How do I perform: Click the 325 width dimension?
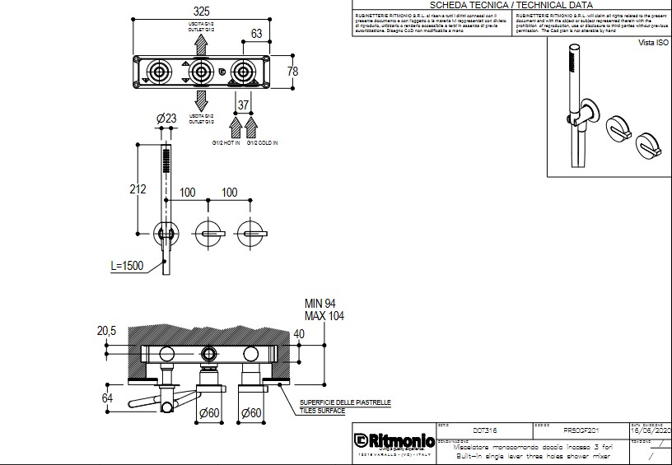(201, 12)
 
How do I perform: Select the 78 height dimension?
(292, 72)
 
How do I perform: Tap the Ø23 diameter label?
(166, 119)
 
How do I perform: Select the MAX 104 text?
(324, 316)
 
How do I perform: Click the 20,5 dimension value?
(105, 331)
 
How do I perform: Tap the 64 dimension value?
(106, 398)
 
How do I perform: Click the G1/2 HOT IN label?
(226, 143)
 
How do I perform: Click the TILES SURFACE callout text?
(321, 411)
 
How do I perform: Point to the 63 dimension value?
(257, 34)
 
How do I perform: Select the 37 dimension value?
(243, 105)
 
